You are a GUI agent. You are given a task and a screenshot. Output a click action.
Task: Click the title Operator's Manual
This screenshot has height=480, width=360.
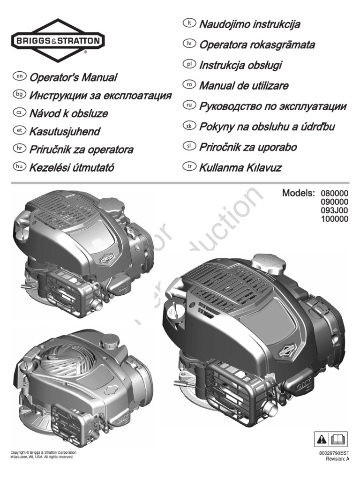click(x=73, y=77)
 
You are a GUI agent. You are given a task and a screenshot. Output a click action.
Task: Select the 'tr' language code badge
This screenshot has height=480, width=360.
click(x=190, y=166)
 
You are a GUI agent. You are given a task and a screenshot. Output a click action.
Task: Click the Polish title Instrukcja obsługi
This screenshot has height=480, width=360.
click(x=240, y=65)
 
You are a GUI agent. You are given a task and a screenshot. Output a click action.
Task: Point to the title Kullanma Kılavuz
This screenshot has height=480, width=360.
click(x=240, y=167)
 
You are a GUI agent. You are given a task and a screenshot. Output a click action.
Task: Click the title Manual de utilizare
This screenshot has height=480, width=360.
click(x=244, y=86)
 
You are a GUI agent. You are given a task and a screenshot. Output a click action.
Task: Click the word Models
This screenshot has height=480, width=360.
click(x=299, y=193)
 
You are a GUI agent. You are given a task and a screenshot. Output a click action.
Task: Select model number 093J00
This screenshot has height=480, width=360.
click(x=335, y=210)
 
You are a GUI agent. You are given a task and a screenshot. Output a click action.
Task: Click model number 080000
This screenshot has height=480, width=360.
click(x=335, y=193)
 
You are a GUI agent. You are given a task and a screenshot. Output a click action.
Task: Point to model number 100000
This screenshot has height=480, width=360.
click(x=335, y=218)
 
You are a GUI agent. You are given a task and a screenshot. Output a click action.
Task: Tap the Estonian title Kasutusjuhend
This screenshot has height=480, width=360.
click(x=65, y=132)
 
